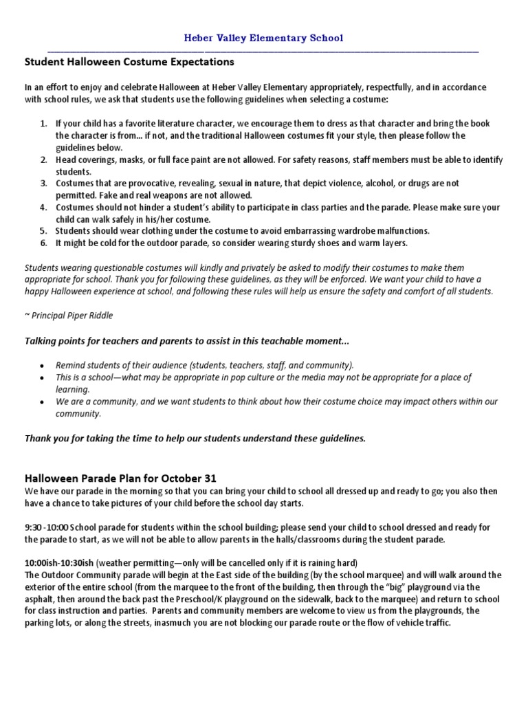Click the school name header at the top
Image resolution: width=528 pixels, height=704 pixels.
(x=264, y=38)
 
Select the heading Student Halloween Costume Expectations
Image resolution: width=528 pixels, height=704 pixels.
(x=129, y=62)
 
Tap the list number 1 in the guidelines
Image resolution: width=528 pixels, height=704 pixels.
(x=42, y=124)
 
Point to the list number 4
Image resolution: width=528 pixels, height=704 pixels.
(x=42, y=207)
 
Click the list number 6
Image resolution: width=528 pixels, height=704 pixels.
(x=42, y=243)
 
